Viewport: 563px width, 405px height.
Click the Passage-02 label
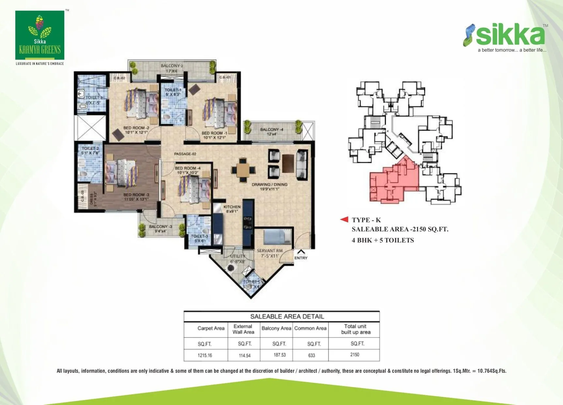pos(185,154)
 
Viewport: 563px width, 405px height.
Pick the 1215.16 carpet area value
pos(205,355)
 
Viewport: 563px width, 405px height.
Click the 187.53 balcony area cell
pos(279,355)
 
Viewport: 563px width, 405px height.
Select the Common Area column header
pos(310,328)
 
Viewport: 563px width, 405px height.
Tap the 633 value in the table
pos(311,355)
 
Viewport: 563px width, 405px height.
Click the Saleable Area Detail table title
pos(287,317)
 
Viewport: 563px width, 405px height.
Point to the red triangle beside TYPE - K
pos(344,219)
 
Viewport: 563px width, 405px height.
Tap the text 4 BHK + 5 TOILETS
pos(383,240)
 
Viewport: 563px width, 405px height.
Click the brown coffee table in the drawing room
pos(288,163)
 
